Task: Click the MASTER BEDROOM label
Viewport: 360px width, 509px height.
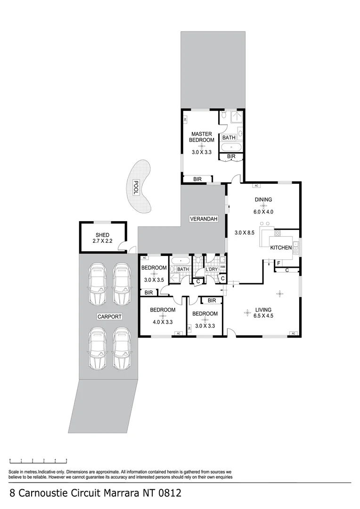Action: pyautogui.click(x=201, y=137)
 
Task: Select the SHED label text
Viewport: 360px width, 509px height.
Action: pyautogui.click(x=102, y=235)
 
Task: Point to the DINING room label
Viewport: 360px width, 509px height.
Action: pyautogui.click(x=263, y=200)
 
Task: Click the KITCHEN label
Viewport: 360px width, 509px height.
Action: pyautogui.click(x=281, y=247)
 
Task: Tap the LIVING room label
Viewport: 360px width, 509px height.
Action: pyautogui.click(x=263, y=310)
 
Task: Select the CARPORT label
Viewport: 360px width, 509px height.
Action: pyautogui.click(x=110, y=317)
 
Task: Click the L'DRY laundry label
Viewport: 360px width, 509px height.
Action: pyautogui.click(x=211, y=269)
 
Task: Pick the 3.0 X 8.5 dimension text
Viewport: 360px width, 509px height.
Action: pyautogui.click(x=245, y=233)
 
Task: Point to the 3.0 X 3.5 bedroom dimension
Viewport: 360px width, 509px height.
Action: pyautogui.click(x=154, y=280)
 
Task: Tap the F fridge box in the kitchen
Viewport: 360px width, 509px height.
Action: pyautogui.click(x=278, y=263)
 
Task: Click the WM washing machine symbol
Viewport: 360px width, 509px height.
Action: pyautogui.click(x=222, y=267)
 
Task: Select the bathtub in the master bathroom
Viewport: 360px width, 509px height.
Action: pyautogui.click(x=231, y=148)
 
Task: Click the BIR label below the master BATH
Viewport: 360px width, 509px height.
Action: pyautogui.click(x=231, y=156)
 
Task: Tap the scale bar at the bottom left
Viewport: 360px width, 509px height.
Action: pyautogui.click(x=38, y=460)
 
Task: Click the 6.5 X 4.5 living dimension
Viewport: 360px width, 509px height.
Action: pyautogui.click(x=263, y=316)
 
